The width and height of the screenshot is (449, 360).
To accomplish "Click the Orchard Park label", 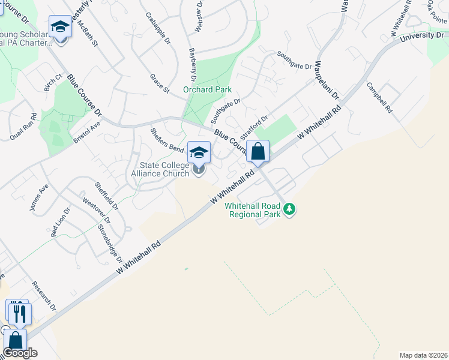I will click(207, 90).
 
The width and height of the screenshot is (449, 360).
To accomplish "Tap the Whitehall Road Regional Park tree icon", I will click(290, 209).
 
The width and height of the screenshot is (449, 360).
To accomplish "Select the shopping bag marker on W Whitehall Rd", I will click(258, 152).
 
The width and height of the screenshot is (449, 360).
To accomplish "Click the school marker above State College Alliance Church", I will click(199, 152).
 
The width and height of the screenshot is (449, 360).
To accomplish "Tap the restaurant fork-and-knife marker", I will click(18, 312).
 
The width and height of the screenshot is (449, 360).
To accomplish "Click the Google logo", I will click(20, 353).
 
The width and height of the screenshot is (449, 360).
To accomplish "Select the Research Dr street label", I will click(44, 296).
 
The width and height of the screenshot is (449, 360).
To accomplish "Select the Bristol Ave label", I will click(86, 130).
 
